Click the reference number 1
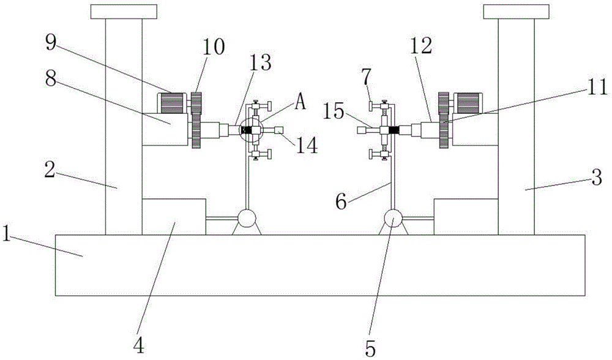6,233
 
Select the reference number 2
49,170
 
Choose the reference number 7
366,79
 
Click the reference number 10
214,48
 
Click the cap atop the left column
124,12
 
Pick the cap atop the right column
516,12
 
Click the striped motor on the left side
172,103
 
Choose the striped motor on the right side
468,103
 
